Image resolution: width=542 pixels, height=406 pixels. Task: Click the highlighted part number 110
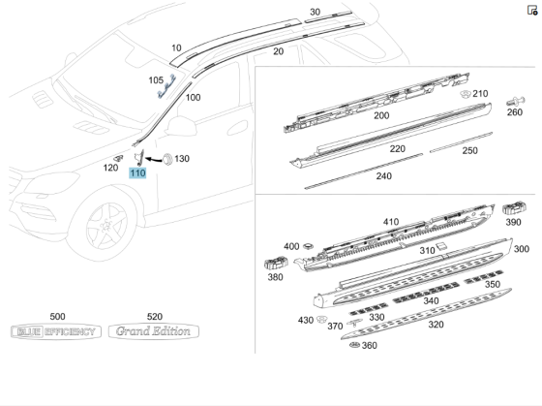pos(137,173)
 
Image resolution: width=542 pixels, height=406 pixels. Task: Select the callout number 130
pos(182,158)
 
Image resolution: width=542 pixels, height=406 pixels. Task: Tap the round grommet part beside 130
pos(165,157)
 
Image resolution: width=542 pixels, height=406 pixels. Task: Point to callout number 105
pos(156,79)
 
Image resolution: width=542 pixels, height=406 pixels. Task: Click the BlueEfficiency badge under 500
pos(55,332)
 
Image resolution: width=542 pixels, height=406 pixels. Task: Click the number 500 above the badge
pos(57,317)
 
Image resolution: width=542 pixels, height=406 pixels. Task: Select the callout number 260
pos(515,111)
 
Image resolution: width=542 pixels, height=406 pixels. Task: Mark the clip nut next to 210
pos(465,94)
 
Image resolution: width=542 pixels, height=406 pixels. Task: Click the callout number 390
pos(513,222)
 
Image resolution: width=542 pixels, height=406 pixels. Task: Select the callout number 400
pos(291,246)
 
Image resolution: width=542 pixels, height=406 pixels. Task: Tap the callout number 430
pos(306,321)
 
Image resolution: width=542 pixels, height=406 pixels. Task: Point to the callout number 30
pos(315,12)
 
